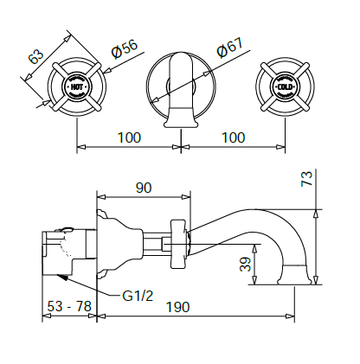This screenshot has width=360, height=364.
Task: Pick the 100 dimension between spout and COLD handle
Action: click(232, 137)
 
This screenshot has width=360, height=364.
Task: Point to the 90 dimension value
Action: click(144, 188)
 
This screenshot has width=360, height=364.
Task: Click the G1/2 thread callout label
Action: click(137, 296)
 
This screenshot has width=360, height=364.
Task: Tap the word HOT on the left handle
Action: click(77, 87)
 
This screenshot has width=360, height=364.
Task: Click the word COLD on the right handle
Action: click(286, 87)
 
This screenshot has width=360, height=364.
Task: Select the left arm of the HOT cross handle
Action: click(58, 87)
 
